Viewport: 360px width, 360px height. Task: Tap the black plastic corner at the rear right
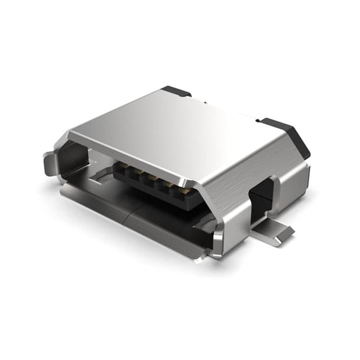tap(287, 135)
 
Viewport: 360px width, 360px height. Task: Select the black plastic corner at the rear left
tap(176, 91)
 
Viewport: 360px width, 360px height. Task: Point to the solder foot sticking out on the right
tap(277, 233)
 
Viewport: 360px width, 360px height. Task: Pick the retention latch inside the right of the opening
tap(204, 223)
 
